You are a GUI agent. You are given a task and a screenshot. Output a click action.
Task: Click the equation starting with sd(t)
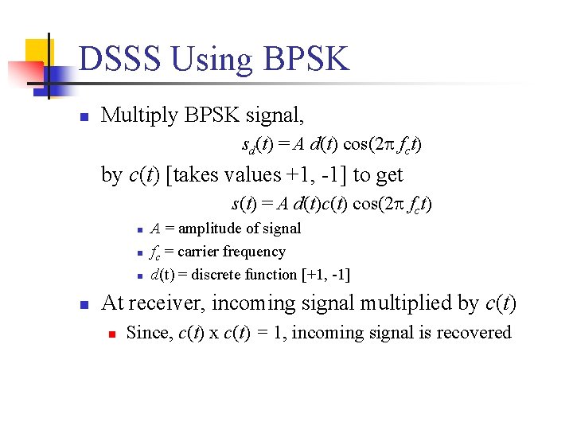(331, 145)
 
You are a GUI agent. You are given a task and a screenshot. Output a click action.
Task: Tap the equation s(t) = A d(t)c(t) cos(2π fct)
(331, 204)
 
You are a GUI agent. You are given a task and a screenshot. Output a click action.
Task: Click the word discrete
(224, 276)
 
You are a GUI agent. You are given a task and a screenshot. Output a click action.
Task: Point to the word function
(275, 276)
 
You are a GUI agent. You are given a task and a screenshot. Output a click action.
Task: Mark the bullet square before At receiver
(82, 304)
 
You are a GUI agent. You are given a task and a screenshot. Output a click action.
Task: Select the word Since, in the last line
(145, 333)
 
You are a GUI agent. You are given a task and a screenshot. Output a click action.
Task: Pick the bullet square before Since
(111, 334)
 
